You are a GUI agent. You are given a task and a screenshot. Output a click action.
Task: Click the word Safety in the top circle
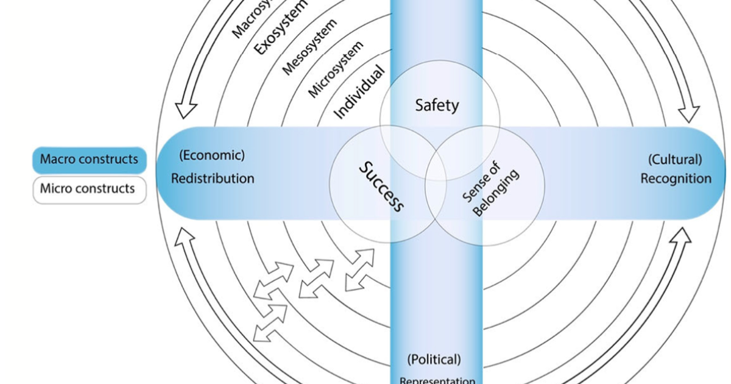(x=437, y=105)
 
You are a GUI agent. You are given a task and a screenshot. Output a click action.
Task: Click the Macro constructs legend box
(x=89, y=160)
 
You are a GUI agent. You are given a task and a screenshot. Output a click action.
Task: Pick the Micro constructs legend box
(x=89, y=188)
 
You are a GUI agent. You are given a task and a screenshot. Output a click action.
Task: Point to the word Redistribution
(x=212, y=179)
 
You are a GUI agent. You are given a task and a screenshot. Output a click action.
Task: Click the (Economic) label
(x=212, y=155)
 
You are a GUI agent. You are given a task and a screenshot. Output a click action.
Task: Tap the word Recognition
(x=676, y=179)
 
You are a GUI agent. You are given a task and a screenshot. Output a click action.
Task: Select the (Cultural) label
(x=676, y=160)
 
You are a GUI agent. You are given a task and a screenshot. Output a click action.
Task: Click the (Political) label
(x=434, y=359)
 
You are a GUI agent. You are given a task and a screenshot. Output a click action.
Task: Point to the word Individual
(x=360, y=91)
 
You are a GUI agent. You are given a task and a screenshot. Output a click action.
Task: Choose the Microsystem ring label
(x=336, y=69)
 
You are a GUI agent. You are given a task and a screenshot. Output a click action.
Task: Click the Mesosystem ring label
(x=309, y=48)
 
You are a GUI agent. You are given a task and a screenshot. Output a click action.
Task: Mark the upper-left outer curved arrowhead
(x=185, y=108)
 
